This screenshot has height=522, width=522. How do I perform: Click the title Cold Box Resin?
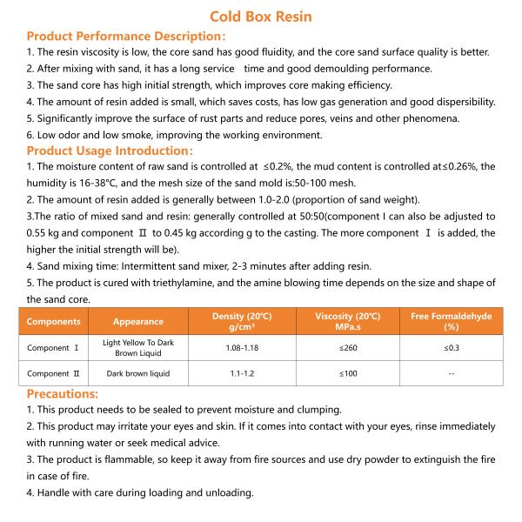click(261, 17)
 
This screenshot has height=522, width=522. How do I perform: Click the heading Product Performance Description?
click(127, 37)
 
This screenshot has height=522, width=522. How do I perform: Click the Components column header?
click(53, 321)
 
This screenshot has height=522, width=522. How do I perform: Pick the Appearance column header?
click(138, 321)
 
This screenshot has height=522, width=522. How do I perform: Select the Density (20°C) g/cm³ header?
click(234, 321)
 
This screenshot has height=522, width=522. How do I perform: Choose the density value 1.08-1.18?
click(234, 348)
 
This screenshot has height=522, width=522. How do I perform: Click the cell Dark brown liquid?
click(138, 373)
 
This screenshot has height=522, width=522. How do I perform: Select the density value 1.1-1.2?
click(234, 373)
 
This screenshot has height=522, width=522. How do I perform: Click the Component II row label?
click(53, 373)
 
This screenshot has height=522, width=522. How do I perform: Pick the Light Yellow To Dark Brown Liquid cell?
click(138, 348)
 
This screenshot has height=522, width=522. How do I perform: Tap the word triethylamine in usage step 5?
click(192, 284)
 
